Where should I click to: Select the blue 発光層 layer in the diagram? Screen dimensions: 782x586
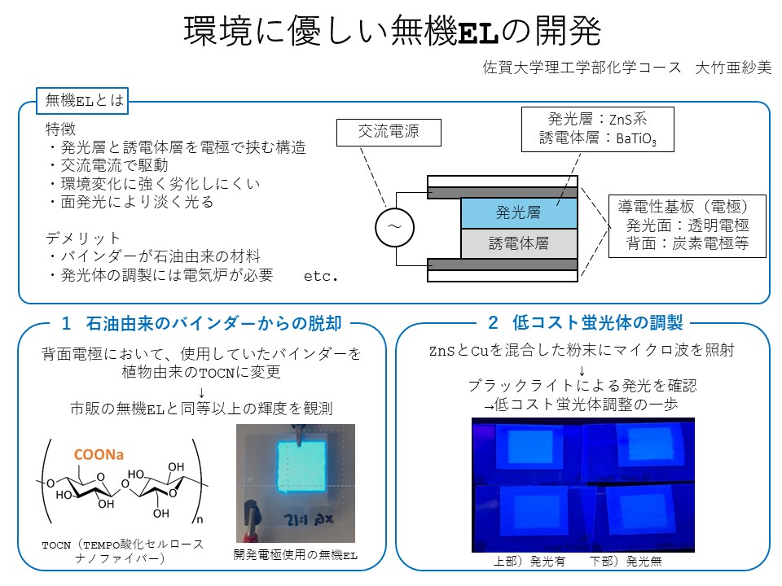519,212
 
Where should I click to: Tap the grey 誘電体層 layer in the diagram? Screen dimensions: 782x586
519,243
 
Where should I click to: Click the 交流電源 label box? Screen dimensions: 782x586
389,132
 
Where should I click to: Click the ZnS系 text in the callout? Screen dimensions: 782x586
628,119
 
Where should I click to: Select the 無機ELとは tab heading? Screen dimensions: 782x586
82,101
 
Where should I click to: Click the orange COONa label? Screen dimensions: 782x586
99,454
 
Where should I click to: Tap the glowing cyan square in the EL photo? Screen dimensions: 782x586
301,467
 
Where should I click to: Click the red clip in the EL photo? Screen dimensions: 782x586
248,533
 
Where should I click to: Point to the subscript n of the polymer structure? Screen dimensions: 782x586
200,520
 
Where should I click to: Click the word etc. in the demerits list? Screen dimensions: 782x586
321,276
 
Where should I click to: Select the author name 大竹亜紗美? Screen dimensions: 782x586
733,68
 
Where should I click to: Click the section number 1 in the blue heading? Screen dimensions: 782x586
66,323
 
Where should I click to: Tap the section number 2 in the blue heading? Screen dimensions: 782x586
493,322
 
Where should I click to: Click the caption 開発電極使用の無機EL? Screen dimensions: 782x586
295,554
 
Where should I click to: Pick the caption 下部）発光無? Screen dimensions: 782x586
626,562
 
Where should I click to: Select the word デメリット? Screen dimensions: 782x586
83,238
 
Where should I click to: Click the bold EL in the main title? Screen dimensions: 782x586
478,33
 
